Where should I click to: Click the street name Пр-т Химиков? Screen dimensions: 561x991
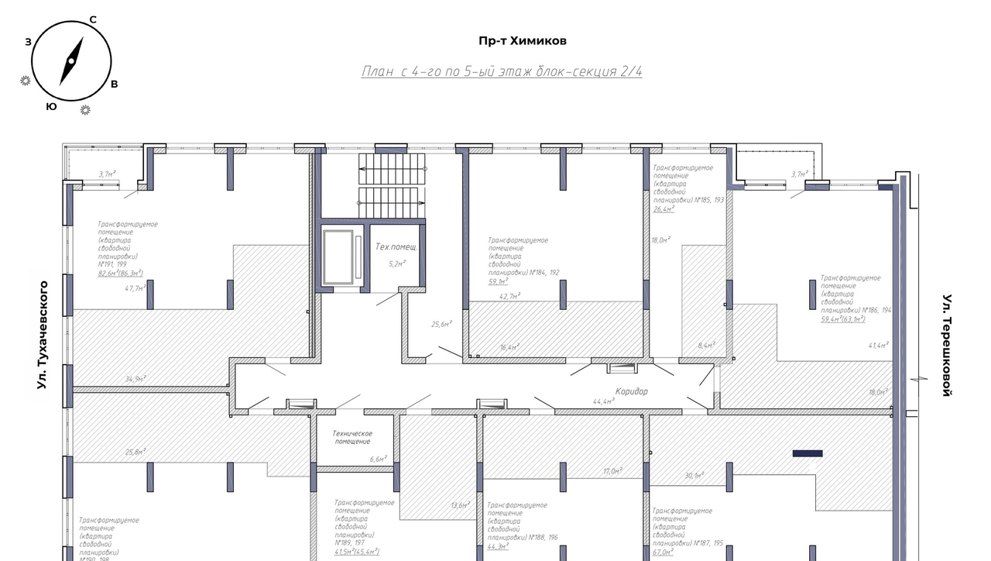523,41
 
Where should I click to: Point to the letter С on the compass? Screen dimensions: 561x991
93,19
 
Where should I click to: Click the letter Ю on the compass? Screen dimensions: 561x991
51,106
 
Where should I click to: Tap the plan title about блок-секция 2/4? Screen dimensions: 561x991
502,71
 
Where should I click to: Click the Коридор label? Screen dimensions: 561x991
632,391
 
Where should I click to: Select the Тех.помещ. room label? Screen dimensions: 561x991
396,248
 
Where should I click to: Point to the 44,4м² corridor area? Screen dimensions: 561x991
603,401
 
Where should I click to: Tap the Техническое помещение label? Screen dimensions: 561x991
353,437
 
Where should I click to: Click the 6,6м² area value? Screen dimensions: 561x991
378,459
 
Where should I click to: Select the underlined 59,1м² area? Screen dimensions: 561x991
498,282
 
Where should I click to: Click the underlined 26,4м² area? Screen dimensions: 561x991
664,208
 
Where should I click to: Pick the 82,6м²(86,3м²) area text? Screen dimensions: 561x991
120,273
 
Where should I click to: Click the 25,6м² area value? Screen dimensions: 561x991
441,324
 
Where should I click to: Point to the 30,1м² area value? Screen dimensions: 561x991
694,475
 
